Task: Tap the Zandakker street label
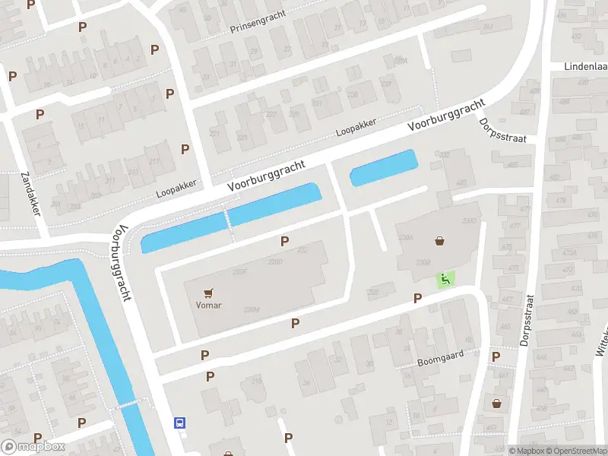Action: click(30, 192)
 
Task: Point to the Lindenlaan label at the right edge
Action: click(585, 66)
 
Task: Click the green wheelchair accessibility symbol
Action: click(445, 279)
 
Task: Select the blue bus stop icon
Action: click(180, 423)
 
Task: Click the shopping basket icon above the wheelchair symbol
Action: click(439, 241)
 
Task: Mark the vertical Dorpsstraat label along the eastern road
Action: click(527, 321)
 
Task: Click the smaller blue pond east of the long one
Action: click(384, 167)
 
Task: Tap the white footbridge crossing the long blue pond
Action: click(227, 219)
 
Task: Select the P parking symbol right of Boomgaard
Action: click(496, 356)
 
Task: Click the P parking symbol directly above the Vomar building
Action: click(285, 241)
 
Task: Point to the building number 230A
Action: click(405, 238)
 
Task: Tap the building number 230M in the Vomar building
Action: click(252, 309)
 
